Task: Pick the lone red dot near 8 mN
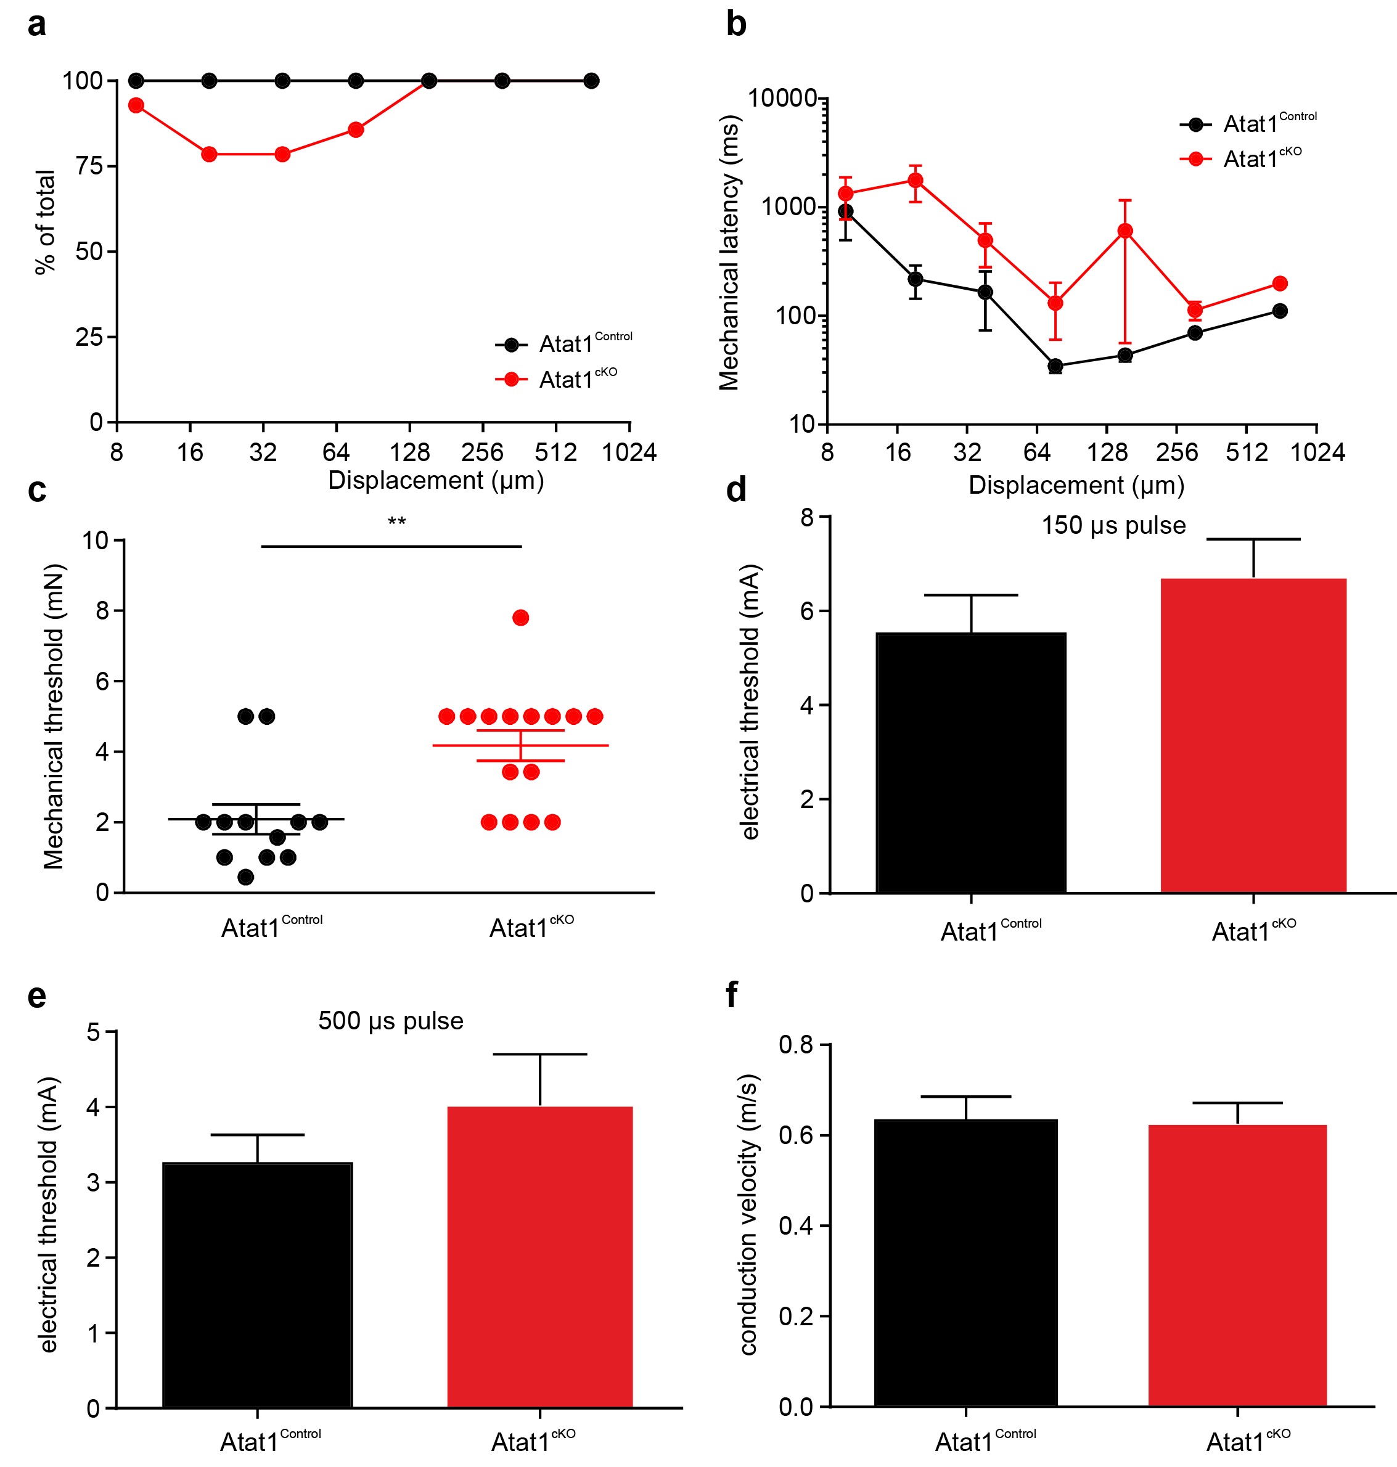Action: pos(520,618)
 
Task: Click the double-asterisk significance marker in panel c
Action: pos(396,521)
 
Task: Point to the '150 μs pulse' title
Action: pos(1113,525)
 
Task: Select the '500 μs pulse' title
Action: pos(390,1020)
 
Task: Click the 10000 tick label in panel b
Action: pos(782,97)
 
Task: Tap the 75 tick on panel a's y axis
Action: pos(89,165)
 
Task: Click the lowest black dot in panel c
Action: pos(246,877)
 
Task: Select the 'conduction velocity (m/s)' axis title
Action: pos(748,1214)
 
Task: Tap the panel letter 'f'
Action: pos(731,994)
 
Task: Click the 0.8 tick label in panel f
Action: pos(795,1045)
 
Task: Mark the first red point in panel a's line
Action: pos(136,105)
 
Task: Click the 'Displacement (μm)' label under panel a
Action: pos(436,480)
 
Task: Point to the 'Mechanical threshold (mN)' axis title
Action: pos(54,716)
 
